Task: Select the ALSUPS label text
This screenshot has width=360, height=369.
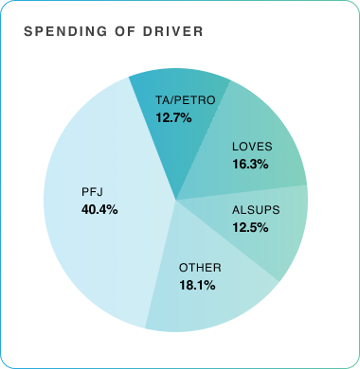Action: point(253,210)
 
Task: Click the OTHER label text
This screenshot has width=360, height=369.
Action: point(199,267)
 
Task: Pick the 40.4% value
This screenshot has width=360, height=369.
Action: point(99,209)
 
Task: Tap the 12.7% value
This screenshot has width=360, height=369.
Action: point(173,118)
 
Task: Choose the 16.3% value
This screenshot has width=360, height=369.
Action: point(250,164)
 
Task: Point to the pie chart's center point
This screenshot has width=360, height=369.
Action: point(176,200)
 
